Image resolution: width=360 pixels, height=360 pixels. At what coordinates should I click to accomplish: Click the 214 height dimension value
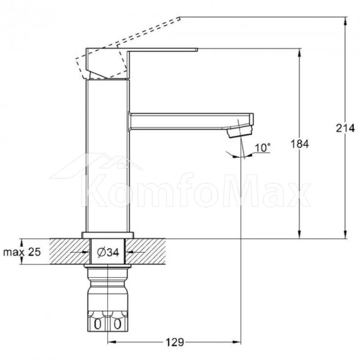[x=345, y=128]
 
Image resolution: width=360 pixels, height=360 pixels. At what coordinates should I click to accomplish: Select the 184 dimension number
[x=300, y=144]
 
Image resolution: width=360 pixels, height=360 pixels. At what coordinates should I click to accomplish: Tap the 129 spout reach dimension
[x=175, y=342]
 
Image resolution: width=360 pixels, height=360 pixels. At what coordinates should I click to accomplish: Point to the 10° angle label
[x=263, y=148]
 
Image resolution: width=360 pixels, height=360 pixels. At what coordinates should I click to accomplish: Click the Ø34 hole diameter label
[x=108, y=252]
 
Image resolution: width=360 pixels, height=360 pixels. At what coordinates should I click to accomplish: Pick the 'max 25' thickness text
[x=22, y=252]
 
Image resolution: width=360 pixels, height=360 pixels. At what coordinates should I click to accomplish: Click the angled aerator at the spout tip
[x=240, y=131]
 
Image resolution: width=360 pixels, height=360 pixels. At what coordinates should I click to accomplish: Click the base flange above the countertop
[x=108, y=235]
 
